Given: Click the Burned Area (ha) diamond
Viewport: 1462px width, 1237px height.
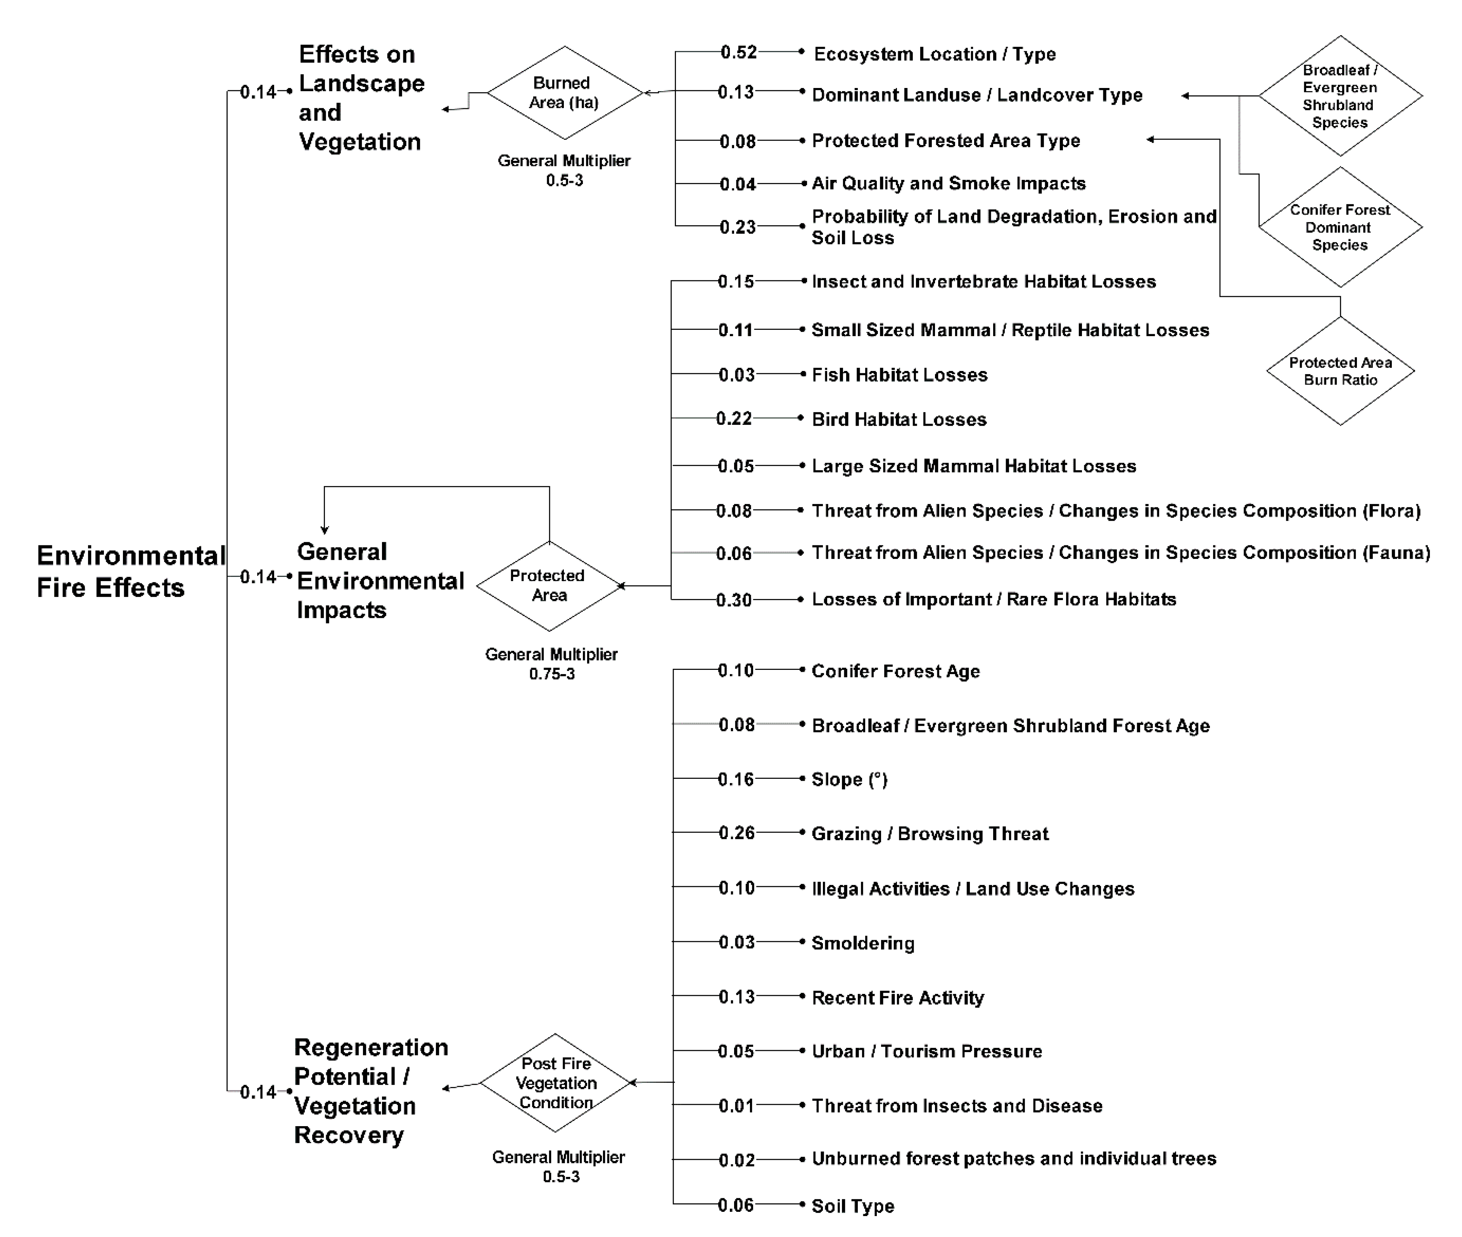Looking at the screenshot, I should click(x=565, y=93).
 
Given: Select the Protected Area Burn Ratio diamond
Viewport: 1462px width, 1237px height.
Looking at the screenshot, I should click(x=1340, y=371).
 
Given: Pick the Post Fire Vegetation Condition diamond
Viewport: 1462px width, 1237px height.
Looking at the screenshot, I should click(x=556, y=1083).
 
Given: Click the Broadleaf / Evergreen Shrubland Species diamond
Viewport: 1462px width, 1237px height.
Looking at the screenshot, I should click(x=1340, y=96).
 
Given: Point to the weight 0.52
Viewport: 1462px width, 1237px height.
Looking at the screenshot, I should click(x=739, y=53).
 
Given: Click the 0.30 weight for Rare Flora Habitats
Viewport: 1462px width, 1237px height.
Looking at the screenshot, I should click(x=734, y=600).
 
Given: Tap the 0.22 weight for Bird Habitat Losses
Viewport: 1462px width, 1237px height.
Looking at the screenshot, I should click(x=734, y=419).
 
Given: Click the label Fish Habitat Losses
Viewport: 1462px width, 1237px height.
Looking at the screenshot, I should click(x=899, y=375).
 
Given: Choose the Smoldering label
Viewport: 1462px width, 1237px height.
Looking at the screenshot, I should click(x=863, y=943).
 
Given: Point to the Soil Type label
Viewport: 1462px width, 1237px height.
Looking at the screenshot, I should click(x=852, y=1206).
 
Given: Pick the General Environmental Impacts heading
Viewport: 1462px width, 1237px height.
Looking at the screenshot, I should click(x=380, y=581).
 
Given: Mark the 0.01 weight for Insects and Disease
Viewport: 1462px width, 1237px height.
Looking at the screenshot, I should click(x=736, y=1106).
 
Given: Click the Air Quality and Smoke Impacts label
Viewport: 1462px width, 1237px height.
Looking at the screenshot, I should click(x=949, y=184).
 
